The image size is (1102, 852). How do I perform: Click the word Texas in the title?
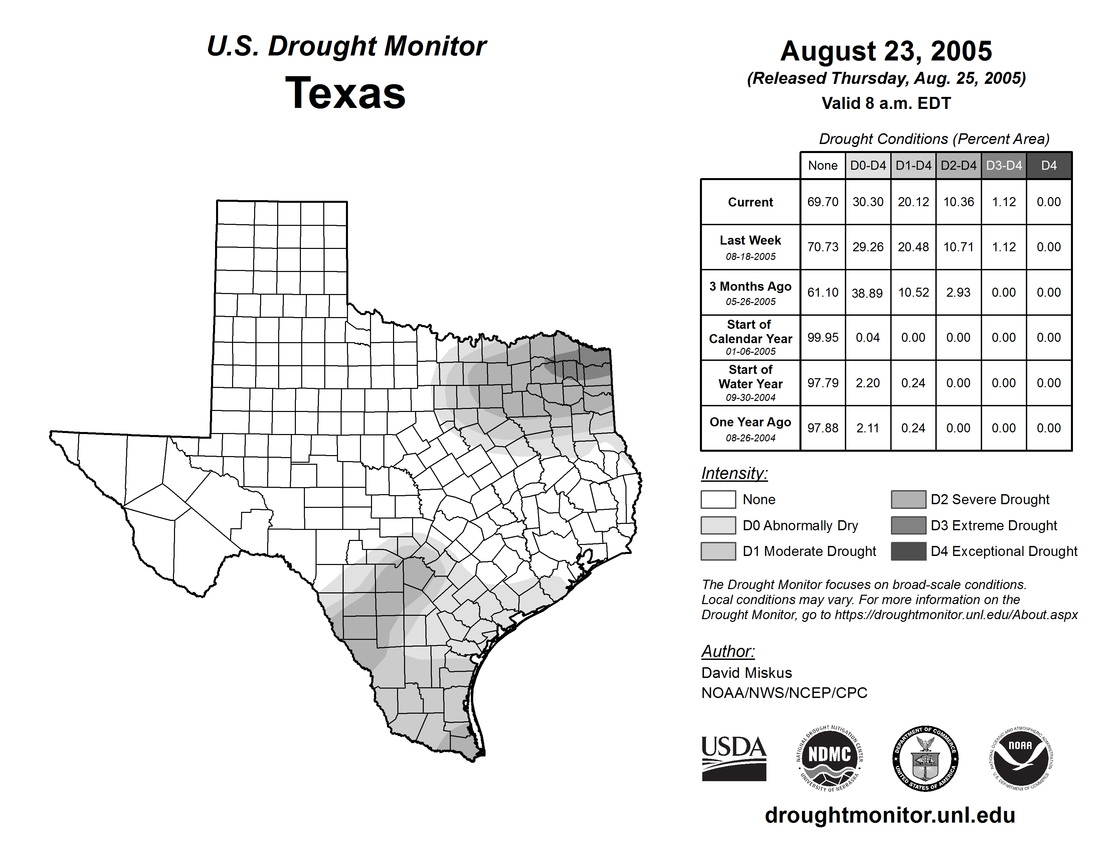345,93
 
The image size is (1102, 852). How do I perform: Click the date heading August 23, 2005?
886,51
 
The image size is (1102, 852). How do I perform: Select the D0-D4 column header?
868,165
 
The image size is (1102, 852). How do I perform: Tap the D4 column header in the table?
1049,165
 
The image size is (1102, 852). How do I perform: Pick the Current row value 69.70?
822,202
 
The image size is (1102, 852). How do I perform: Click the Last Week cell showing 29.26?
868,247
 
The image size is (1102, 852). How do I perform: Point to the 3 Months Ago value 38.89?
867,293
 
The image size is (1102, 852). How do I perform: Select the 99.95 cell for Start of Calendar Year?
822,337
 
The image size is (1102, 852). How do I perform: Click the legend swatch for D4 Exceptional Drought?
908,551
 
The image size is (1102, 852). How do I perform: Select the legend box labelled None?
718,499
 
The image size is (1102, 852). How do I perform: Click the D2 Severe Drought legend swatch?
908,499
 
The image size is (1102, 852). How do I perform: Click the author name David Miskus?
746,673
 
